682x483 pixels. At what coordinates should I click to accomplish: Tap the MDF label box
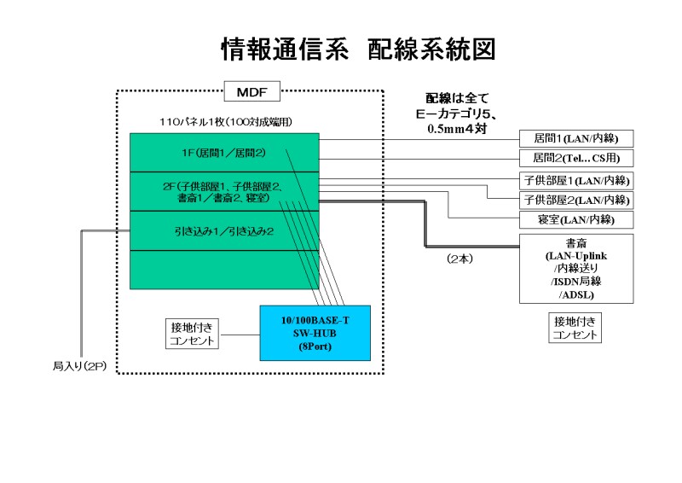pyautogui.click(x=251, y=90)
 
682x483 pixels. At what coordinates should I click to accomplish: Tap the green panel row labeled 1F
pyautogui.click(x=224, y=153)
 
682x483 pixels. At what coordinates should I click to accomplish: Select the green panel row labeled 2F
pyautogui.click(x=224, y=192)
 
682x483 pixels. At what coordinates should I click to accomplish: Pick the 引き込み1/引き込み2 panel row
pyautogui.click(x=224, y=230)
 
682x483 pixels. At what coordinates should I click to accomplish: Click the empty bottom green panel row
pyautogui.click(x=224, y=269)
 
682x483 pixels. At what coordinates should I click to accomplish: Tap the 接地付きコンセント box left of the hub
pyautogui.click(x=194, y=334)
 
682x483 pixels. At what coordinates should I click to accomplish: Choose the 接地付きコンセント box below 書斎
pyautogui.click(x=575, y=328)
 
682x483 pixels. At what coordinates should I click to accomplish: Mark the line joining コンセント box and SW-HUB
pyautogui.click(x=240, y=334)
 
